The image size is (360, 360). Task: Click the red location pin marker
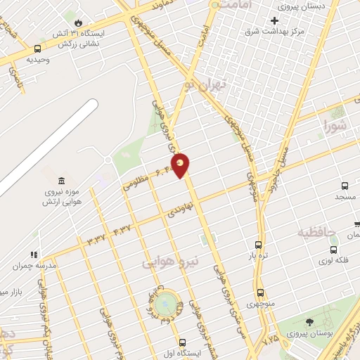pos(181,165)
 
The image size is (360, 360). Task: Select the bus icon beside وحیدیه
pos(37,49)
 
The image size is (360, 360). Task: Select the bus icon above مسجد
pos(345,186)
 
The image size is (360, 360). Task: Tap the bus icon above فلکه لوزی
pos(333,250)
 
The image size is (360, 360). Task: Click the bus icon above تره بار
pos(258,245)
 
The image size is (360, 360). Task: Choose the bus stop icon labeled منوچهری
pos(260,292)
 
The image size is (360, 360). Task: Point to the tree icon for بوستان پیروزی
pos(309,322)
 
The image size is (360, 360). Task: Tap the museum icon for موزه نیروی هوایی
pos(62,182)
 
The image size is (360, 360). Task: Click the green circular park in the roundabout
pos(167,304)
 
